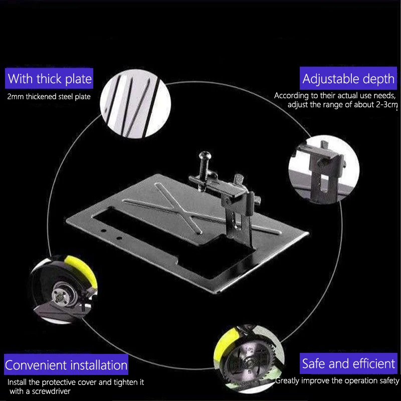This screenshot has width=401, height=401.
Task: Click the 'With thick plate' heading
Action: [50, 79]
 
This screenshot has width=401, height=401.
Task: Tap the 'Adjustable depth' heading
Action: [348, 79]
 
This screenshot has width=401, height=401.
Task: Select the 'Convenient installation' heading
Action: [66, 364]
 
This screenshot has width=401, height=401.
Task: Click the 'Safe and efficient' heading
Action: [348, 363]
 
